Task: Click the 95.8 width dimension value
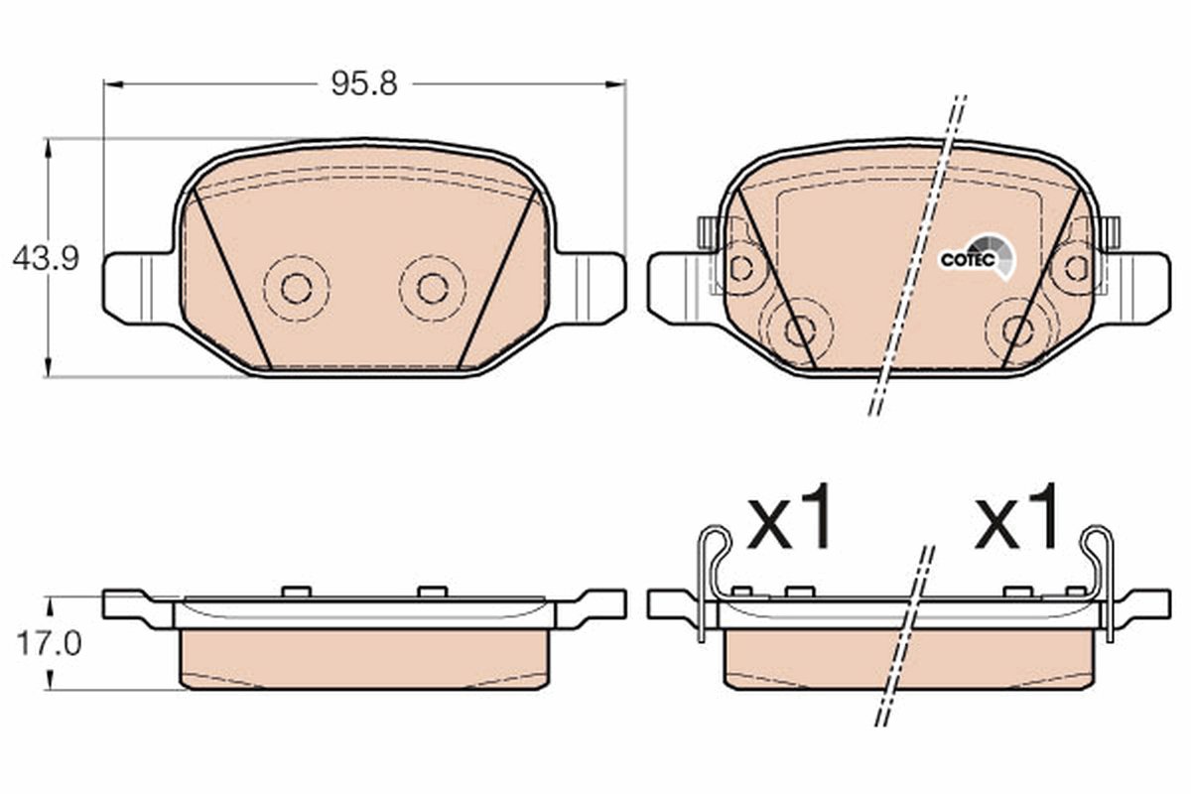click(x=364, y=84)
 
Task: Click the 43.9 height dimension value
click(x=46, y=259)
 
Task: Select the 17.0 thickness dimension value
click(x=49, y=643)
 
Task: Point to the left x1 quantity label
click(x=788, y=516)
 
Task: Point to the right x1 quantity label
click(x=1016, y=516)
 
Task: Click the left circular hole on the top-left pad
click(x=296, y=289)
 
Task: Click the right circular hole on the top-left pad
click(x=433, y=289)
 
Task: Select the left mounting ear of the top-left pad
click(x=139, y=288)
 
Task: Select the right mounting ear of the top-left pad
click(x=590, y=288)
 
